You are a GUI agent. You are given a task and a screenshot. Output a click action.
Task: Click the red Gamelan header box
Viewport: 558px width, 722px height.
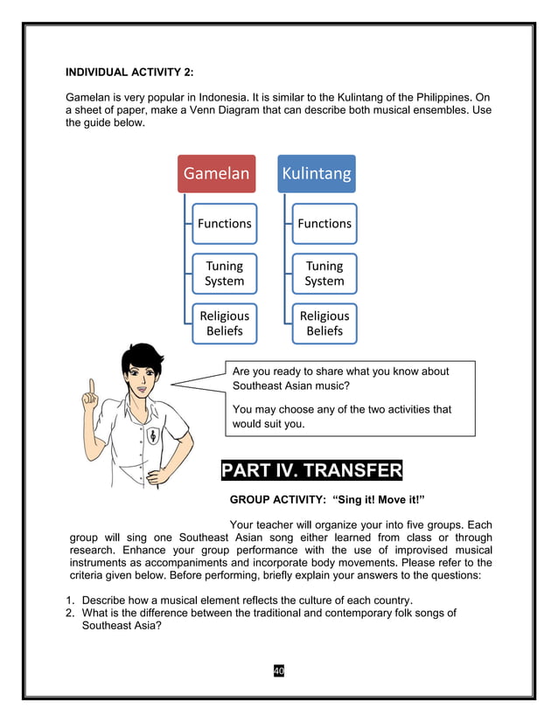(216, 174)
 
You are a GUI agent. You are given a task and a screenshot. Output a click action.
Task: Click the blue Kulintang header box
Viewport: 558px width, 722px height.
(316, 174)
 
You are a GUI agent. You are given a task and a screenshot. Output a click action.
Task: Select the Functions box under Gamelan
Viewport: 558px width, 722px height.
(224, 224)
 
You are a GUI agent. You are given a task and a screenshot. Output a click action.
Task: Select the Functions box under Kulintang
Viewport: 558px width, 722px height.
(324, 224)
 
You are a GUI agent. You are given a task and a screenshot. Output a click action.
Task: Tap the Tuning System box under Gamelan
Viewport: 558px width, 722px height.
(224, 273)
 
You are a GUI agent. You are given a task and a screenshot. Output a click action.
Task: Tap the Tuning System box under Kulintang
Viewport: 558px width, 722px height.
(324, 273)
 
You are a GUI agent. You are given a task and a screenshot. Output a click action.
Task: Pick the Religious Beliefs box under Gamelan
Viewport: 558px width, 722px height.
(224, 323)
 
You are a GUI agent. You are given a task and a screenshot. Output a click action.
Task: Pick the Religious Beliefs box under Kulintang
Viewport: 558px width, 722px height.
(324, 323)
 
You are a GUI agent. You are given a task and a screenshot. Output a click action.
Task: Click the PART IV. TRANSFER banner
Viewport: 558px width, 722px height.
(311, 472)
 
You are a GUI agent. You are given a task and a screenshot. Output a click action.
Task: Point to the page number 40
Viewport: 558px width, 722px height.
(279, 670)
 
